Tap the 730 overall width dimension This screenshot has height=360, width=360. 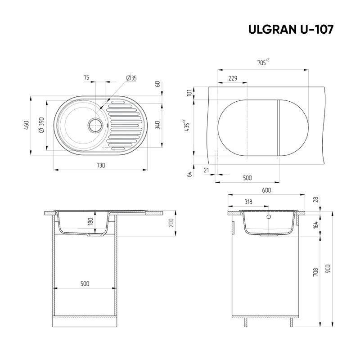point(101,165)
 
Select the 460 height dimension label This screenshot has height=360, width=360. point(27,125)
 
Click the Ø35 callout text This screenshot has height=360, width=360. point(131,78)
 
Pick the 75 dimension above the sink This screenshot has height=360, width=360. point(86,78)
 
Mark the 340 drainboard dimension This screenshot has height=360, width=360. point(157,125)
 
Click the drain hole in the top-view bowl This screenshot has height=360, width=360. point(95,125)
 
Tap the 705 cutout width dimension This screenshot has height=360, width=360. point(263,63)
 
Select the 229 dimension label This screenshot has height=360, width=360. point(233,78)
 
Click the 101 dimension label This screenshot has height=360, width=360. point(189,93)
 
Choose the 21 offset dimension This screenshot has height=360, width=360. point(206,170)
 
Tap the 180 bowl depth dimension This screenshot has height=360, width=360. point(90,222)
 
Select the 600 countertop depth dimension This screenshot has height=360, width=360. point(266,190)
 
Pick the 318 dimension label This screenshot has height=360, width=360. point(248,202)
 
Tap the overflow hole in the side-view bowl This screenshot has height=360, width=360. point(269,217)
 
